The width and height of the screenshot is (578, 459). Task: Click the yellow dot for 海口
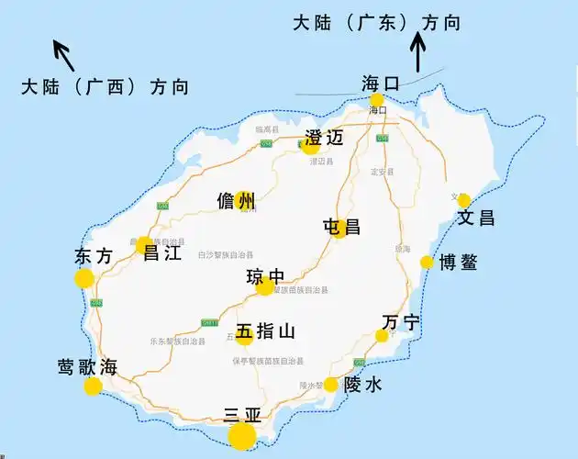(x=376, y=100)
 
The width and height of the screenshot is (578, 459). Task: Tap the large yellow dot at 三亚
(x=242, y=436)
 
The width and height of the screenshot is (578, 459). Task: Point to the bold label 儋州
(x=236, y=201)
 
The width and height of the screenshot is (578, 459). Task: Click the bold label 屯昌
(x=341, y=226)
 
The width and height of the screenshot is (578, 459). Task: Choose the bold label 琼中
(x=265, y=276)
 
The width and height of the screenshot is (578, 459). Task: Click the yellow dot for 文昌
(x=464, y=200)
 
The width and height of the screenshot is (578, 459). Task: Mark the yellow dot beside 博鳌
(x=427, y=263)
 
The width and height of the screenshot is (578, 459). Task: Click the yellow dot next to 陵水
(x=330, y=385)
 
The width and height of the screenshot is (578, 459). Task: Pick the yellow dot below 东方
(x=84, y=279)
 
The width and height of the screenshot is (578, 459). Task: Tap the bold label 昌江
(x=161, y=252)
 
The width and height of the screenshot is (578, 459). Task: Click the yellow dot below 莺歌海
(x=93, y=386)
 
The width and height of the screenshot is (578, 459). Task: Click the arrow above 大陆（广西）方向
(x=63, y=50)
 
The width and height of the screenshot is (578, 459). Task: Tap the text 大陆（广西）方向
(x=105, y=87)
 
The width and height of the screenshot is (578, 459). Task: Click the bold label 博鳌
(x=458, y=262)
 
